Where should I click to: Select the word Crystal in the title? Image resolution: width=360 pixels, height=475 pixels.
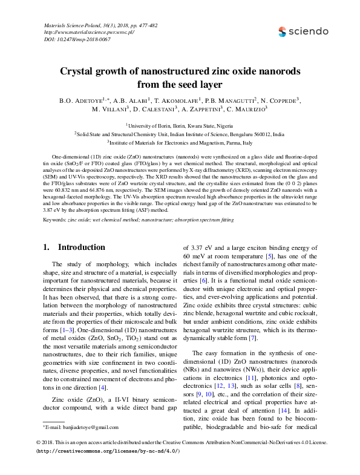80,71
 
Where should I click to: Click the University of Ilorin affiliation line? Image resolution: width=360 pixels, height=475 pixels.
180,125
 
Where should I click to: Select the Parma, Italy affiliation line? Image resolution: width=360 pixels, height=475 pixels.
180,143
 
